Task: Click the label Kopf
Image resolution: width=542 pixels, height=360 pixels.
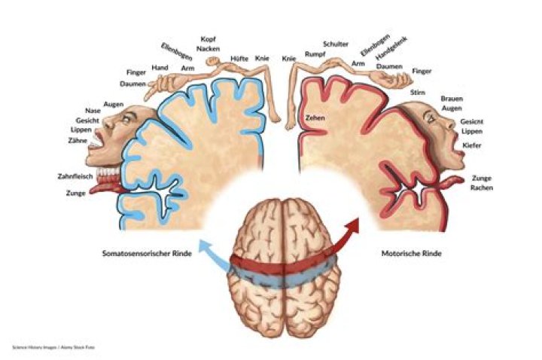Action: pos(209,38)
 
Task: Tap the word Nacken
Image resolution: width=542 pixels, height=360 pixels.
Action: pos(209,48)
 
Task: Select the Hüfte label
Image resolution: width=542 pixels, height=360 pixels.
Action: pos(240,58)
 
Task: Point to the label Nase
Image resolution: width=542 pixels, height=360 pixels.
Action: pos(93,111)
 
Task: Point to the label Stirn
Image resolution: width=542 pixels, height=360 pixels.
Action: pos(418,91)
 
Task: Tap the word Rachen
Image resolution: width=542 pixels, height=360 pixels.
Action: pos(482,188)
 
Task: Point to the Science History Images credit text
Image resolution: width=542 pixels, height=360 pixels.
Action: pos(57,347)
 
